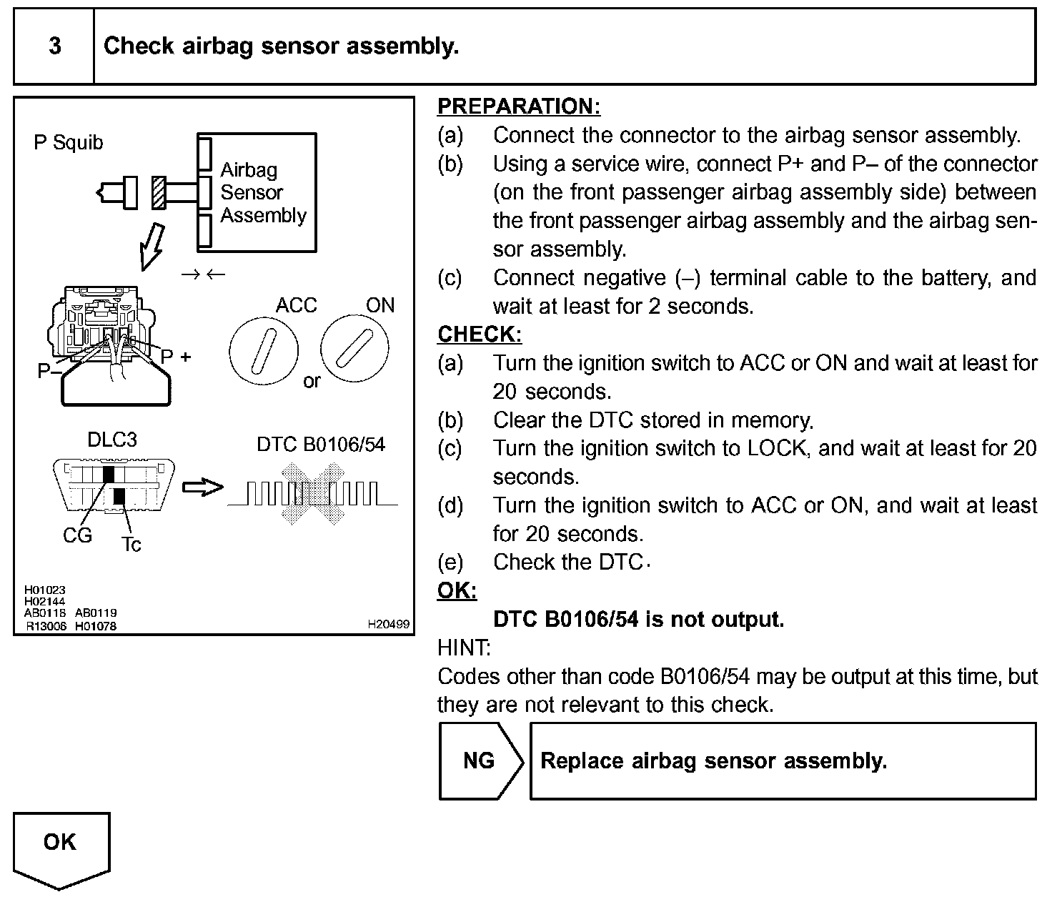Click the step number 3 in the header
[54, 46]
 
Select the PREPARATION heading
[519, 106]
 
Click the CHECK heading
[480, 334]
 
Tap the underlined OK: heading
[457, 591]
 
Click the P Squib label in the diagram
[69, 143]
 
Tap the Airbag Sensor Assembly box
[257, 192]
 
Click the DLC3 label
[111, 440]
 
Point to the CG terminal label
[77, 536]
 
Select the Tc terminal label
[131, 545]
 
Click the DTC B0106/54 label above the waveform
[321, 445]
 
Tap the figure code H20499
[388, 625]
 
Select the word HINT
[464, 648]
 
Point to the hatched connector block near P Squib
[159, 193]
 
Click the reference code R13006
[46, 626]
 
